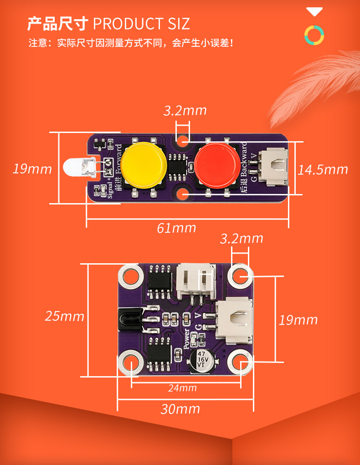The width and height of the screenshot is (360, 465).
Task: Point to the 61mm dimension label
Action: click(x=176, y=228)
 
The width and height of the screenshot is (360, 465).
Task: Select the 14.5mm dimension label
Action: click(x=323, y=170)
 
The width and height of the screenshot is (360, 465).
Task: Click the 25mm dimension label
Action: click(x=64, y=316)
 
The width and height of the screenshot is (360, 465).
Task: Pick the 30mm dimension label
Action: click(x=180, y=409)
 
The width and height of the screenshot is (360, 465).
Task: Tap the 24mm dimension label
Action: click(x=182, y=388)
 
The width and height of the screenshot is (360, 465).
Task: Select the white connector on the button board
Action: click(x=273, y=167)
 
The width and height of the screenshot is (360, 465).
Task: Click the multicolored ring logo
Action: click(x=314, y=35)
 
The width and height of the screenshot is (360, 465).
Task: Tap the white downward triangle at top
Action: click(x=314, y=11)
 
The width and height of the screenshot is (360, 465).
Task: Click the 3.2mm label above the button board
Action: click(x=185, y=110)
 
